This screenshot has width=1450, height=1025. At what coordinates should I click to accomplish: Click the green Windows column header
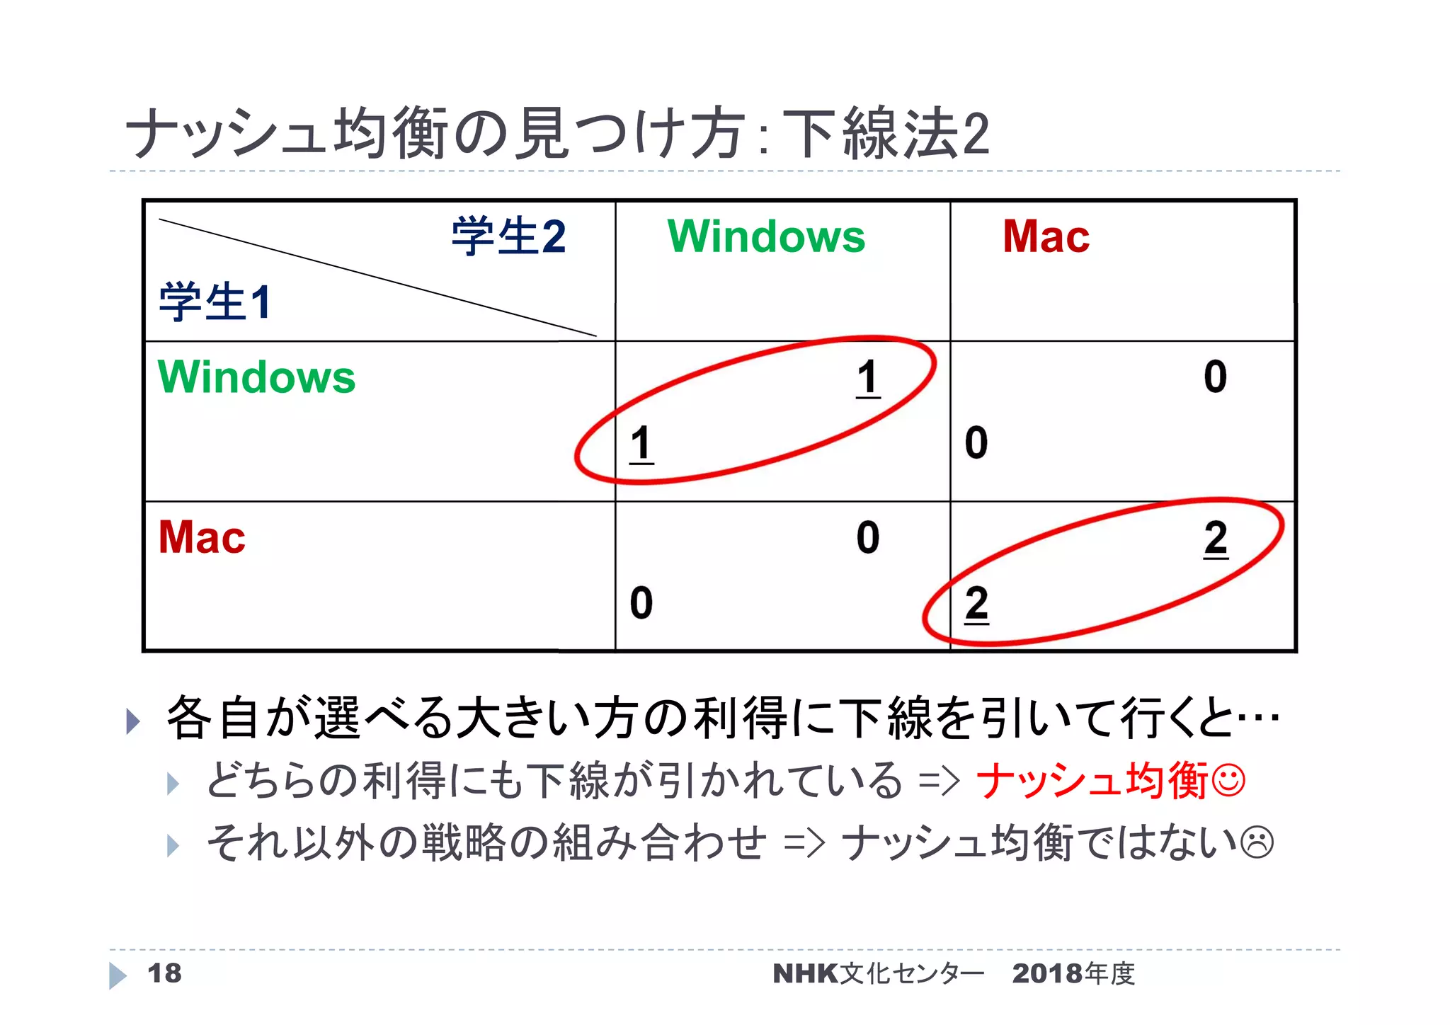point(766,236)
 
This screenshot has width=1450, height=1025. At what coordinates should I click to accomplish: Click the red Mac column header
point(1046,236)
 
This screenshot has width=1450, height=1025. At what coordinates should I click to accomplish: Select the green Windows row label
point(256,377)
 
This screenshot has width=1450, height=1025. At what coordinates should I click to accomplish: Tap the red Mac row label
point(202,537)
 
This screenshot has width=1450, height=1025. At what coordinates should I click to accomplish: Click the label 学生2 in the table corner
point(508,236)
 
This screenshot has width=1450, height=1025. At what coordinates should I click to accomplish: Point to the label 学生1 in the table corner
point(215,302)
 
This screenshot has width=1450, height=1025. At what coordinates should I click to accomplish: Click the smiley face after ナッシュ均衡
point(1228,781)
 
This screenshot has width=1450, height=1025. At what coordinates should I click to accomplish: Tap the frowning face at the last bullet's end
point(1257,842)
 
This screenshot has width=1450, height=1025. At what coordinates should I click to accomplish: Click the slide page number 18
point(164,973)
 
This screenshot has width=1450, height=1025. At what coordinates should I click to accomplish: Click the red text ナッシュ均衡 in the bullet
point(1091,781)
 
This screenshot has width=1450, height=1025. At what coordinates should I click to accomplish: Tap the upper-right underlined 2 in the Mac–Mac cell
point(1216,538)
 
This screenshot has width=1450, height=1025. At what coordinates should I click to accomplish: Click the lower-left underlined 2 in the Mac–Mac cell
point(976,604)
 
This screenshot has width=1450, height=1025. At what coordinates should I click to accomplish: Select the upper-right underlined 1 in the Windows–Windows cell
point(868,377)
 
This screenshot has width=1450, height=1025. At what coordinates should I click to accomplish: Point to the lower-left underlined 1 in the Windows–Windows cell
point(641,444)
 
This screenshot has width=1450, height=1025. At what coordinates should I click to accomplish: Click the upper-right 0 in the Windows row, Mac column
point(1215,377)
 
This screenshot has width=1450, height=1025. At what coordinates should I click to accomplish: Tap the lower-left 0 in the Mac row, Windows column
point(641,604)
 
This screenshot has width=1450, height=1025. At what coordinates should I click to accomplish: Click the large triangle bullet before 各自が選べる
point(132,721)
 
